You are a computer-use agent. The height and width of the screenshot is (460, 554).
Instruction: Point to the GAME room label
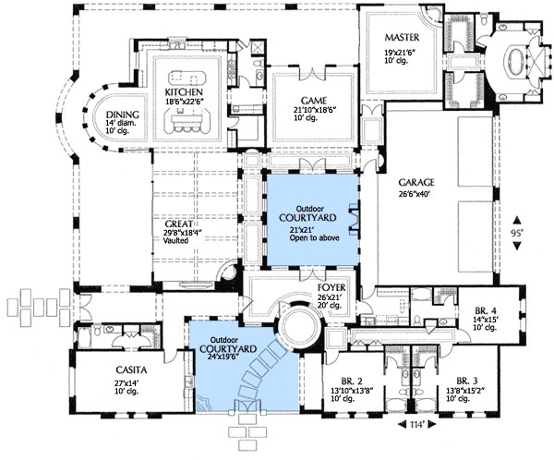(308, 100)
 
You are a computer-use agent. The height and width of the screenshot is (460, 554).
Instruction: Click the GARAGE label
(417, 182)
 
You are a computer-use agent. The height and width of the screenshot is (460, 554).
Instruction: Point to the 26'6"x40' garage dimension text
(416, 193)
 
